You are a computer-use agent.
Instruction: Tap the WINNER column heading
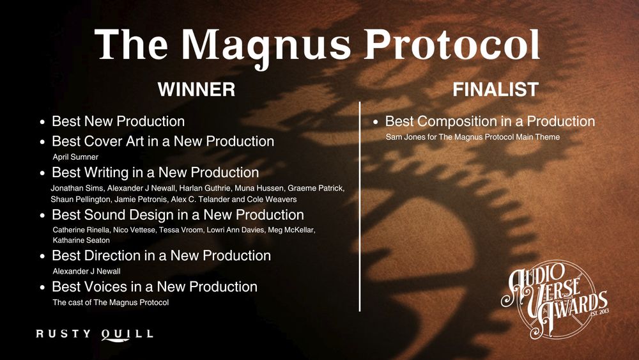pos(196,90)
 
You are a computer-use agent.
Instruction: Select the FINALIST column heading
pos(495,90)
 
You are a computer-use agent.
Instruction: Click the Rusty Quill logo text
pos(95,334)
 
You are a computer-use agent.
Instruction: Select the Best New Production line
pos(118,121)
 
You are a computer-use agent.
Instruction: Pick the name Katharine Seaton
pos(81,240)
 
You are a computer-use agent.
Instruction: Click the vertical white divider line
pos(360,205)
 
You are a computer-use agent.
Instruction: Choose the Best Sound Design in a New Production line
pos(178,215)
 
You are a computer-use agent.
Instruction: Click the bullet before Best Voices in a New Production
pos(42,288)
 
